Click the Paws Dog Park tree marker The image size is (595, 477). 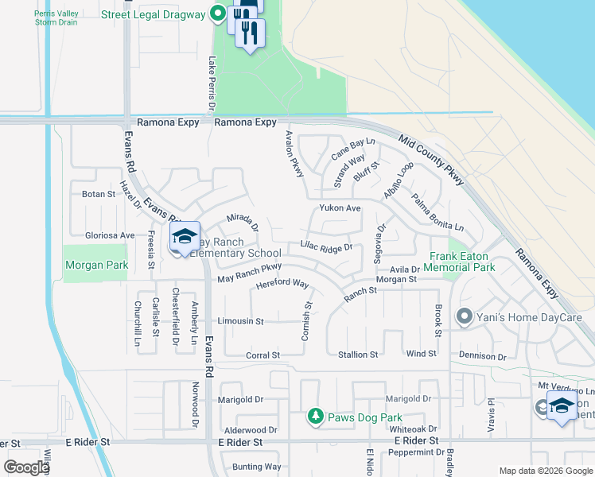coord(316,417)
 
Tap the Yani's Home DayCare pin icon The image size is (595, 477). coord(465,318)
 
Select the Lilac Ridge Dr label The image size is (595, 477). coord(326,247)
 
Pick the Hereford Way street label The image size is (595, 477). coord(282,284)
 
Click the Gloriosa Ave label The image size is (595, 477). coord(110,235)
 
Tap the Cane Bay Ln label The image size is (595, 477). coord(352,146)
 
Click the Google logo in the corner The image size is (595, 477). coord(27,467)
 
